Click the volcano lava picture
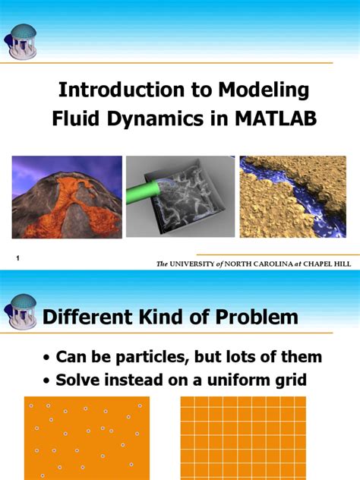point(66,197)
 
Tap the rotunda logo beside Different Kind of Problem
point(21,312)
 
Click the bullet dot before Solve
point(47,381)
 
